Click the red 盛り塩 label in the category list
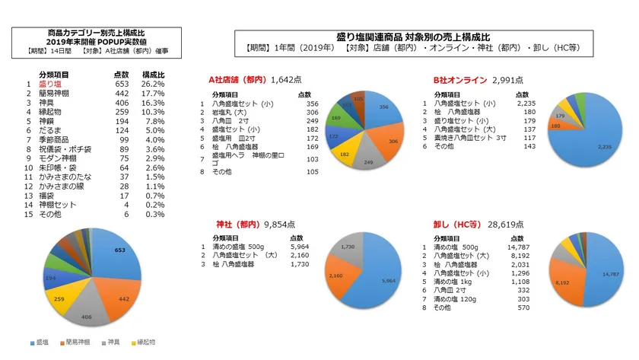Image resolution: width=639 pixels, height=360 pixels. pos(49,84)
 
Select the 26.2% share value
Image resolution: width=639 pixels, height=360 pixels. pos(154,84)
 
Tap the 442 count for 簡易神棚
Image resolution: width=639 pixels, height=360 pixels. pos(121,93)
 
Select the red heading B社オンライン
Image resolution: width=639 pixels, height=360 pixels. pos(459,79)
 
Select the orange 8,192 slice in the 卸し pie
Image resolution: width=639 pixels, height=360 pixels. pos(564,282)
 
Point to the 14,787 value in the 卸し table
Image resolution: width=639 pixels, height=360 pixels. pos(519,247)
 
